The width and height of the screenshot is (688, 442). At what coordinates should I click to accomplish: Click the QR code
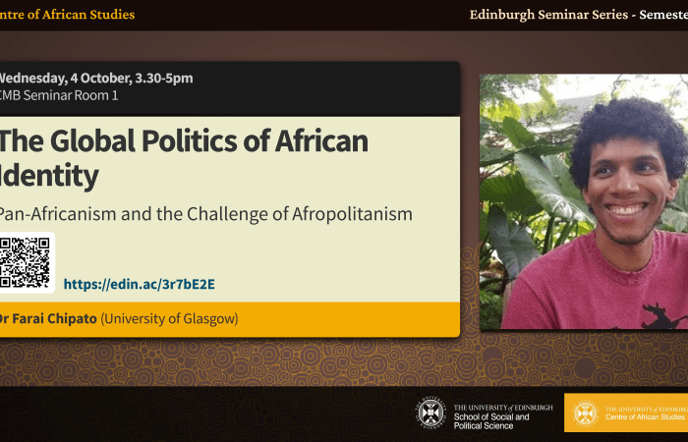[26, 262]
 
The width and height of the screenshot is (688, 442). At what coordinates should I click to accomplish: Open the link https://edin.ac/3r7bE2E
[139, 285]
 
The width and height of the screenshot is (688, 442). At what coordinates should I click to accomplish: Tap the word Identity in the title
[49, 176]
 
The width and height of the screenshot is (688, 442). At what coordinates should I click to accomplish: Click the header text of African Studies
[79, 14]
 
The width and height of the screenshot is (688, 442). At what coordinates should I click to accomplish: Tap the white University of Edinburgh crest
[430, 413]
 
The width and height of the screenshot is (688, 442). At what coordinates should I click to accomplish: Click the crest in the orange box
[585, 413]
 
